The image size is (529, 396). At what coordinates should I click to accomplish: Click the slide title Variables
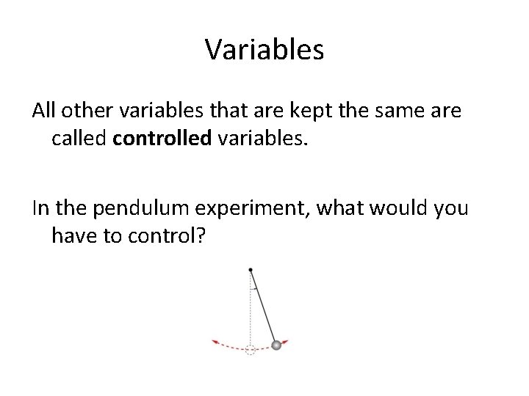(x=264, y=50)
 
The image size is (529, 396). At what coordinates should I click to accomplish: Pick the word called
(x=79, y=139)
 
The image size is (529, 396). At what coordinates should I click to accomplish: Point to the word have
(x=73, y=235)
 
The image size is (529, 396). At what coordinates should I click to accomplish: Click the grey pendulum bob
(x=277, y=345)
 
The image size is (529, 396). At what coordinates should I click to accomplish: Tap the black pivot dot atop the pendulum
(x=251, y=268)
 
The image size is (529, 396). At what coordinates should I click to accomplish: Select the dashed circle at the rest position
(x=251, y=350)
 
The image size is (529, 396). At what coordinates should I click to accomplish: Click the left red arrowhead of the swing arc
(x=215, y=342)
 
